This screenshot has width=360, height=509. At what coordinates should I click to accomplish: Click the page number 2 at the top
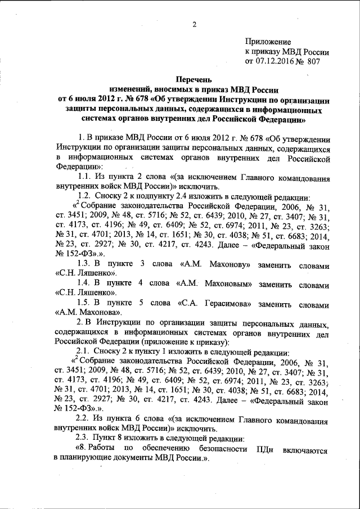[x=194, y=24]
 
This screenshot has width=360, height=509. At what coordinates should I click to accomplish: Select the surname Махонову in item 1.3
[x=215, y=263]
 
